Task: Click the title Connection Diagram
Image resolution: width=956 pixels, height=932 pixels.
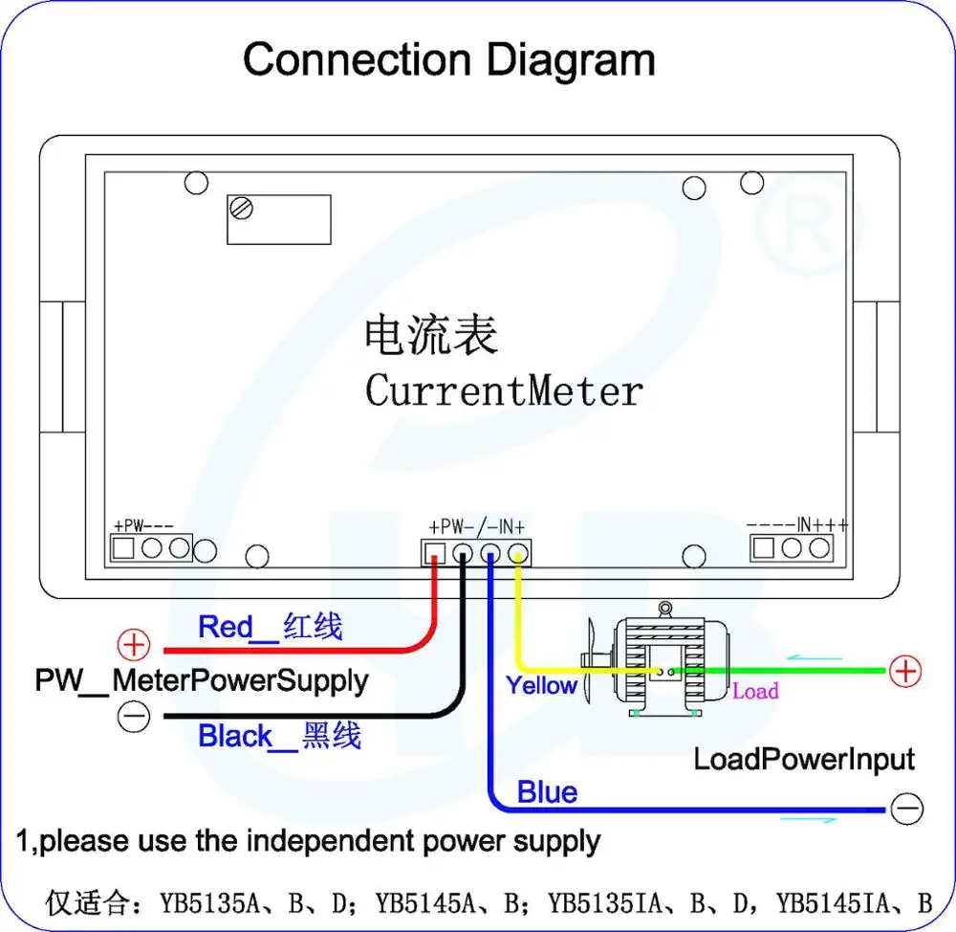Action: coord(449,59)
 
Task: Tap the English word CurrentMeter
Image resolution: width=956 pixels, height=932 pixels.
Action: coord(504,390)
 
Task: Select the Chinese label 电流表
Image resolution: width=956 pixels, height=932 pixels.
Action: coord(431,336)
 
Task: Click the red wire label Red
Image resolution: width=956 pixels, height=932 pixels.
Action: coord(225,628)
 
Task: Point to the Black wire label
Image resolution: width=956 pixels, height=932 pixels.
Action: coord(235,737)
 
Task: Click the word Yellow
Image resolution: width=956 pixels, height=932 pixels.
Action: coord(541,685)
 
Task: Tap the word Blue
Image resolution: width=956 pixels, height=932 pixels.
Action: coord(547,792)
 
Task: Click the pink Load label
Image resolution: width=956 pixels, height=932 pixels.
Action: coord(755,691)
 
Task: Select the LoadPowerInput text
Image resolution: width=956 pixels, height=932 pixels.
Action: coord(804,760)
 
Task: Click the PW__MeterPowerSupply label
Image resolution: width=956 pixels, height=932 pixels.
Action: coord(202,681)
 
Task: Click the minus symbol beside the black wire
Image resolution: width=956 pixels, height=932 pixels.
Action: coord(135,716)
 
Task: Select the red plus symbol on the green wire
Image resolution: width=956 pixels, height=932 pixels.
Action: coord(904,671)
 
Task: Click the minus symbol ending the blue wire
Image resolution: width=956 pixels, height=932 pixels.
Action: coord(906,810)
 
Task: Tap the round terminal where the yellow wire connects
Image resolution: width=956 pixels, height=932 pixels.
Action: coord(518,553)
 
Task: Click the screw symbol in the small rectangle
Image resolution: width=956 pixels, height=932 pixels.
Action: coord(242,208)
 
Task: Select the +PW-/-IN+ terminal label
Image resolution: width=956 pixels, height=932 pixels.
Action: coord(477,526)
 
